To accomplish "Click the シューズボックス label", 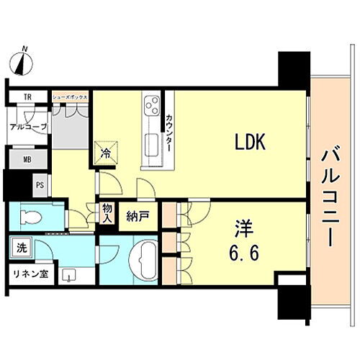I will tap(70, 96).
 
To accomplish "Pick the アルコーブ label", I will tap(28, 126).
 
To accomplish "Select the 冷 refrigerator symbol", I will tap(105, 152).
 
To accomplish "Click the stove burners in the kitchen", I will tap(153, 106).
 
